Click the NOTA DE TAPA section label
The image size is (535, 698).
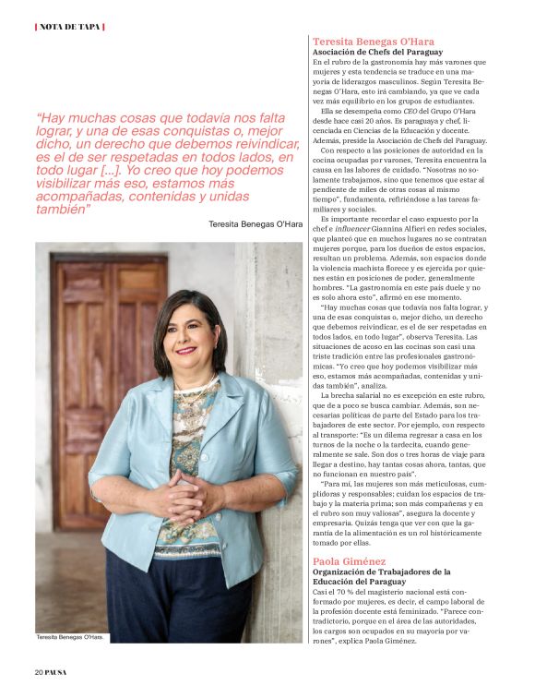click(70, 26)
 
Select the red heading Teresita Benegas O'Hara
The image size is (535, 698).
click(373, 42)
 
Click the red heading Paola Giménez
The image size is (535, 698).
click(348, 560)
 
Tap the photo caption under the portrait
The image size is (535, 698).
click(70, 637)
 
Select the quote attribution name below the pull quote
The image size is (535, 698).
click(255, 224)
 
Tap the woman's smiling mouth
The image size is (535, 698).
click(186, 351)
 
